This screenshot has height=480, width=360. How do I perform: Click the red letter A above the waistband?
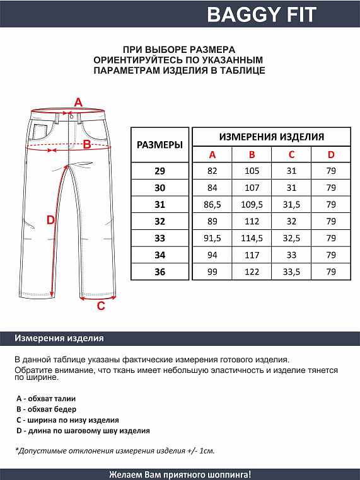[x=79, y=102]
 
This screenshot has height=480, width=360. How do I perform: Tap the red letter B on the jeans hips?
[x=88, y=144]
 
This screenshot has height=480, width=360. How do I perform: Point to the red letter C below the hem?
[x=100, y=307]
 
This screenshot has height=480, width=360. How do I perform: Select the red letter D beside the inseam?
[x=52, y=220]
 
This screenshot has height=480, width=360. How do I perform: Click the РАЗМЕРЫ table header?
[x=160, y=144]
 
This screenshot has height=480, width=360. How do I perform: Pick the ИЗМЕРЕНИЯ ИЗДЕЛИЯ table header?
[x=271, y=137]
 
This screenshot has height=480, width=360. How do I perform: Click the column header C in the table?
[x=291, y=155]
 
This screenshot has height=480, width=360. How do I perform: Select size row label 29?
[x=160, y=171]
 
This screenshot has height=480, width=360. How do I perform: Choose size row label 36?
[x=160, y=271]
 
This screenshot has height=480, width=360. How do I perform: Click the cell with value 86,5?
[x=212, y=205]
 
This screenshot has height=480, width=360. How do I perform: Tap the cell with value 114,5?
[x=252, y=238]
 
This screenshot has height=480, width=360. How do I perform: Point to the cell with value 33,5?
[x=291, y=271]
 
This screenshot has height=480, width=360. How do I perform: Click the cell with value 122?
[x=252, y=271]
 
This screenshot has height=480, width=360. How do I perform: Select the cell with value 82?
[x=212, y=171]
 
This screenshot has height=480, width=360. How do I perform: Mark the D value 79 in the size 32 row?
[x=331, y=221]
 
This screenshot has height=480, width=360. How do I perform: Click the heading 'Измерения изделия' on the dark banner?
[x=59, y=338]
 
